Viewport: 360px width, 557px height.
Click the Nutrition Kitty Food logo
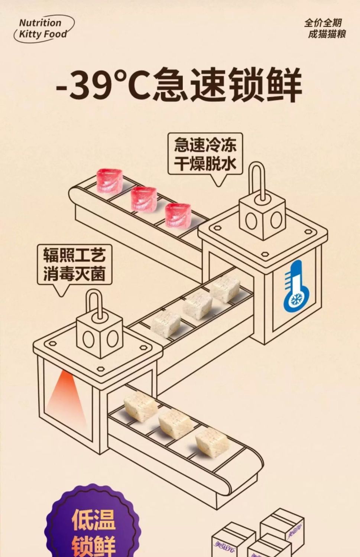[x=43, y=29]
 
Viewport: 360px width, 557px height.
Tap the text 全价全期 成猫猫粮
[x=325, y=29]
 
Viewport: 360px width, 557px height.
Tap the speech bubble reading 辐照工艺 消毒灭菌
[x=75, y=264]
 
